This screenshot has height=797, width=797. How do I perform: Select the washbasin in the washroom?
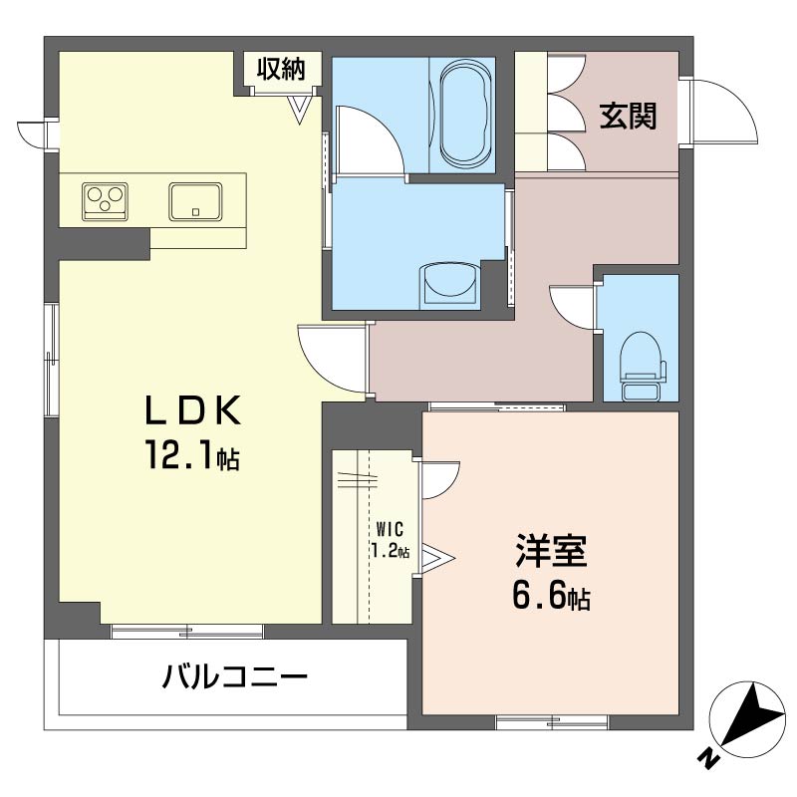pos(450,284)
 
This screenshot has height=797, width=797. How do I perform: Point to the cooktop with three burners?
pos(105,200)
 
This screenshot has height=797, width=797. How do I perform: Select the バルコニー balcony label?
pos(235,678)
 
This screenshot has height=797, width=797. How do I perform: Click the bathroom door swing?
pos(368,138)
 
